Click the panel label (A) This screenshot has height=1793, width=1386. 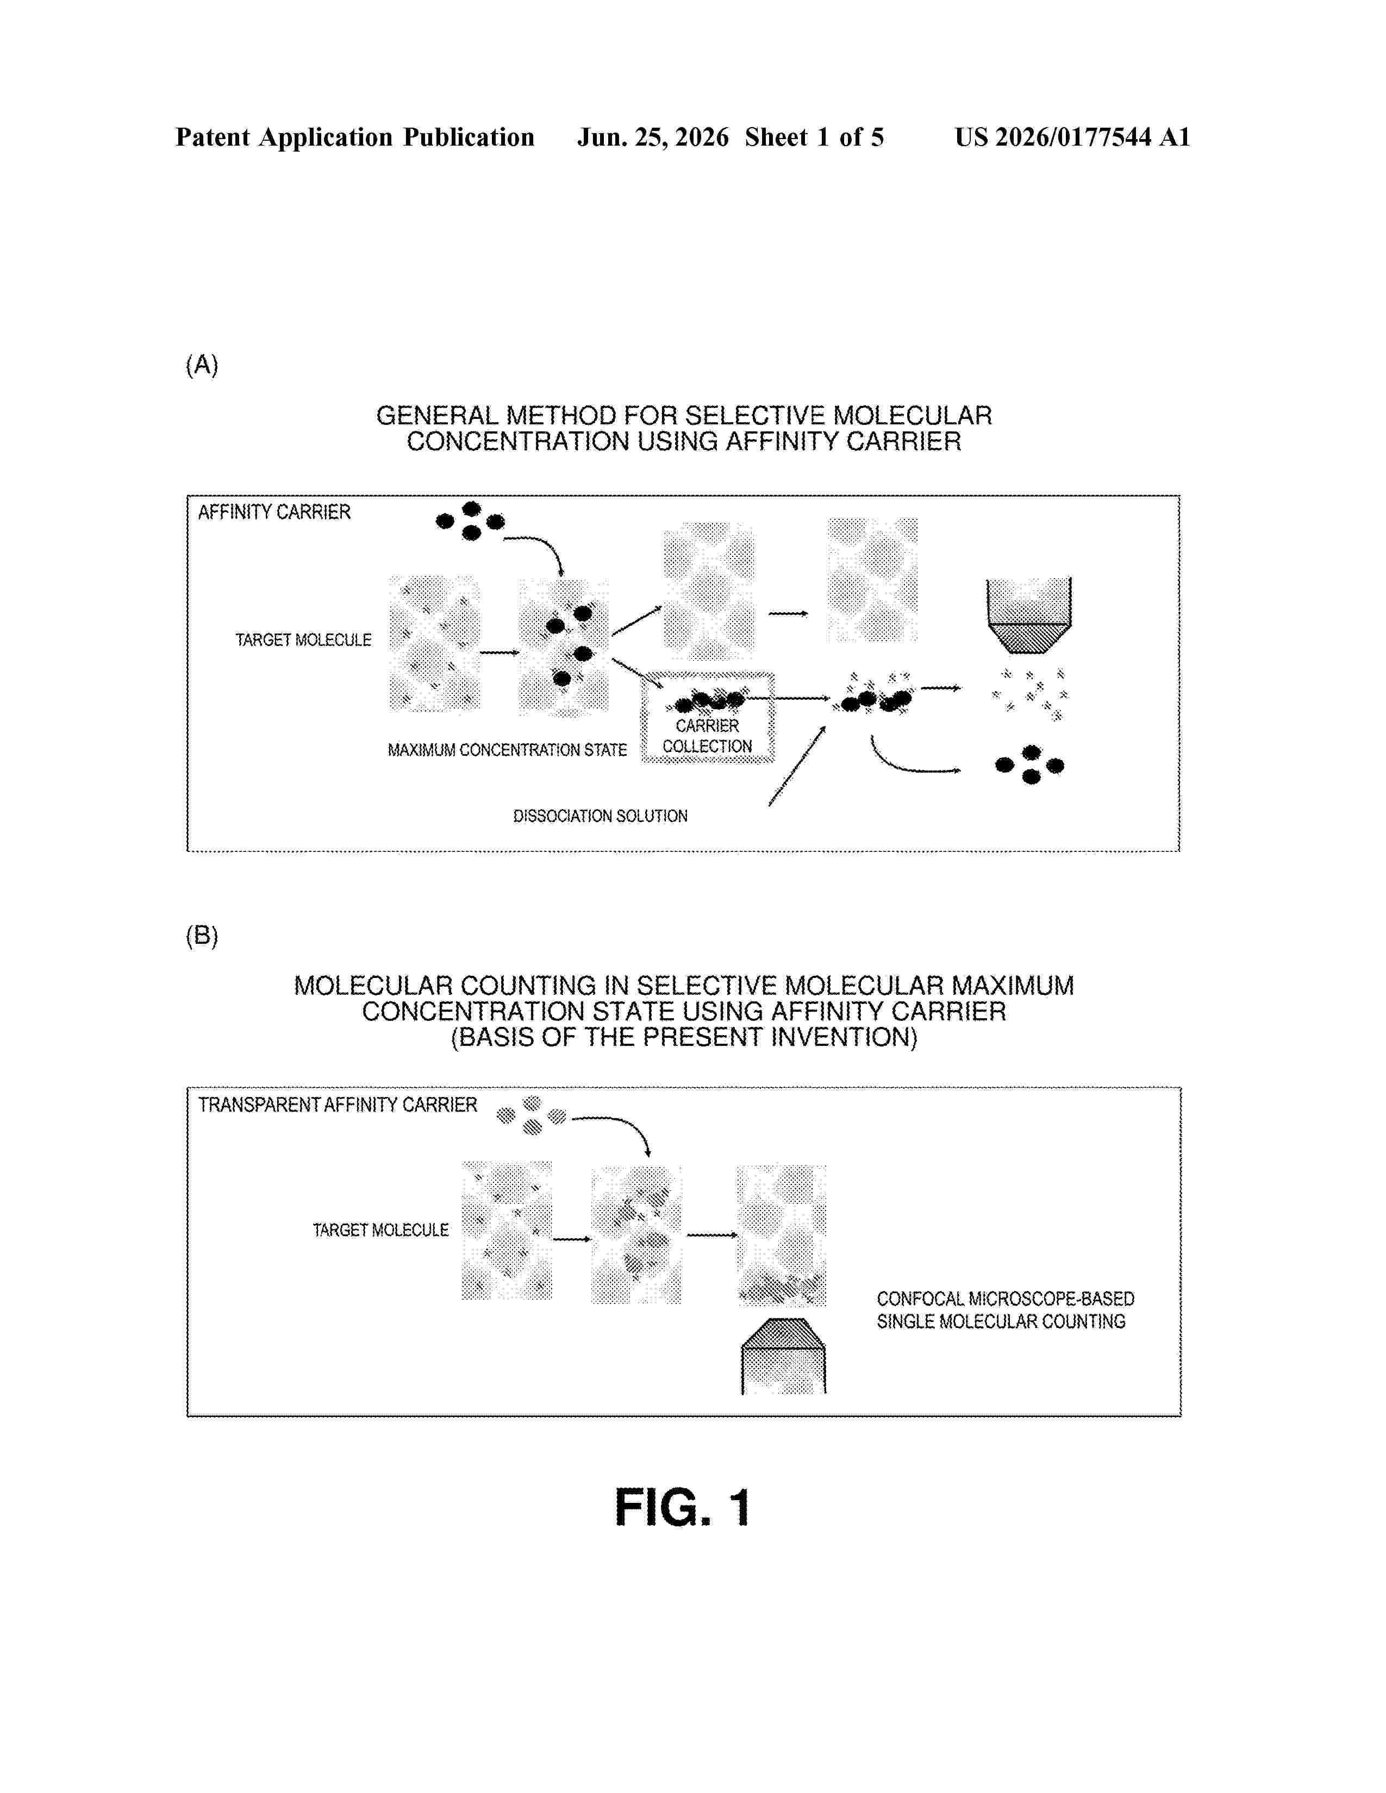point(202,365)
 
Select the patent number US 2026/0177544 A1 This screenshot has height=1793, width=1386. point(1072,137)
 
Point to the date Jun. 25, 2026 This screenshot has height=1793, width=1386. point(653,137)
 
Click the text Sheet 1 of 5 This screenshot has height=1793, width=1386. point(815,137)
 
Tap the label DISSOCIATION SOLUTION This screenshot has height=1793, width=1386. point(600,816)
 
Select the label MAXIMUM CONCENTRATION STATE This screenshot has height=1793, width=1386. point(508,750)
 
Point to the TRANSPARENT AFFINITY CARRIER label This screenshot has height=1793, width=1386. point(338,1105)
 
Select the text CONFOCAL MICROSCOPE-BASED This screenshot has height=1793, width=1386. point(1006,1299)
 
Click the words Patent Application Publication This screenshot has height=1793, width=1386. point(355,137)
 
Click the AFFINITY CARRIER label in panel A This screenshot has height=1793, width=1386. point(274,512)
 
